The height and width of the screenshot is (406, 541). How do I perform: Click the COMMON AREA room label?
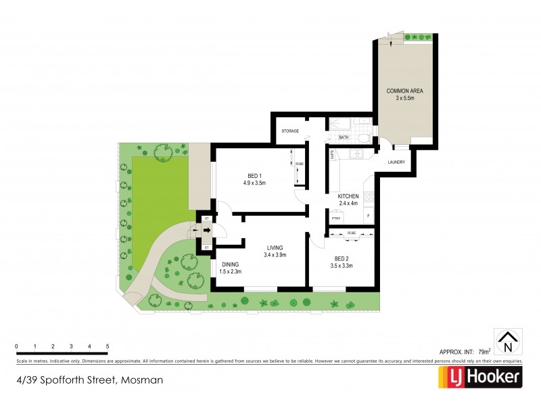(404, 91)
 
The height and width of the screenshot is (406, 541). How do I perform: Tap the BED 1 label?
(255, 175)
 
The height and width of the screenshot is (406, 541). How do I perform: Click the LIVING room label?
(274, 248)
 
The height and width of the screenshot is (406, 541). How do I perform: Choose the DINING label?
(230, 265)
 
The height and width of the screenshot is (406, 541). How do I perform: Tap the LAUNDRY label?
(396, 162)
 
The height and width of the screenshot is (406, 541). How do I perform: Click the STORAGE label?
(290, 131)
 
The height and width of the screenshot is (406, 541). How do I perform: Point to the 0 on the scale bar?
(16, 346)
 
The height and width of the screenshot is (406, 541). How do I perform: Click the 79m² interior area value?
(484, 351)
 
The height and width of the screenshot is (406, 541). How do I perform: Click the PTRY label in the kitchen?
(334, 218)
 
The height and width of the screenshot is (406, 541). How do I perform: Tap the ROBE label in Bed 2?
(352, 233)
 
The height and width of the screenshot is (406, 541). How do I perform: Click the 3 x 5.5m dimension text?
(404, 98)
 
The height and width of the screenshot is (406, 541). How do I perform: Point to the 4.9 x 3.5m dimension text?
(255, 183)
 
